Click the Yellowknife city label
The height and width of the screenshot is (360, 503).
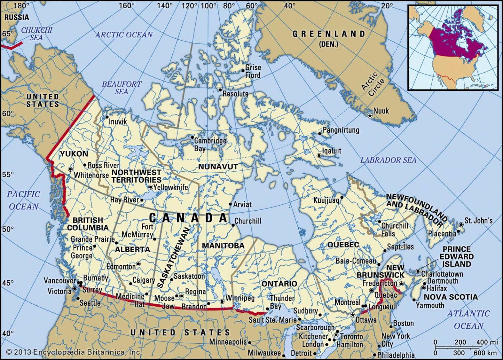tap(171, 187)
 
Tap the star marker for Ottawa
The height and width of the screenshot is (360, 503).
tap(352, 315)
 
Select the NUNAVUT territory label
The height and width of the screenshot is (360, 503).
tap(218, 167)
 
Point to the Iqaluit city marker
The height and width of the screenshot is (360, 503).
tap(319, 156)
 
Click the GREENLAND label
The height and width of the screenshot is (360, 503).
tap(328, 34)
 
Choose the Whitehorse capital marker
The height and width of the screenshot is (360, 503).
tap(70, 169)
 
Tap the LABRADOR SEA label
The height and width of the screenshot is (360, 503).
tap(388, 160)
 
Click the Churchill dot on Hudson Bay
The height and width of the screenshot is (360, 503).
tap(233, 225)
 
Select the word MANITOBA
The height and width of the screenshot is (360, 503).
tap(223, 246)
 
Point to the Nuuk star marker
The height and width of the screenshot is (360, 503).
tap(370, 116)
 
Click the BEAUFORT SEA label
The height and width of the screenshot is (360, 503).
tap(121, 88)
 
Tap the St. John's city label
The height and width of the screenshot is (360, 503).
tap(478, 221)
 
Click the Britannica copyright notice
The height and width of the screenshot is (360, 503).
tap(74, 352)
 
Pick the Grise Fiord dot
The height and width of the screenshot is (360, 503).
tap(243, 70)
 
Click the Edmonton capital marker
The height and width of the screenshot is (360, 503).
tap(138, 264)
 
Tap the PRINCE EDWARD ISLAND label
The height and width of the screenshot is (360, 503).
tap(456, 256)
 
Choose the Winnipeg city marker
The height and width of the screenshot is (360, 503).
tap(222, 301)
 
